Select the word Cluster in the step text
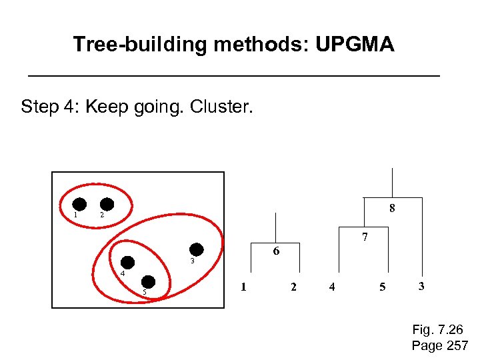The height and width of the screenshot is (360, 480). (225, 106)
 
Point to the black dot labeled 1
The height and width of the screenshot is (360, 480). (80, 205)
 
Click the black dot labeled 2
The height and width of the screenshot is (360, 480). (107, 205)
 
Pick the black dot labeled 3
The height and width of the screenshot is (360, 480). (197, 249)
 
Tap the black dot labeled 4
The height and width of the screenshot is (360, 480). (127, 263)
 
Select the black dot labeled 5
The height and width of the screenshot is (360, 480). (149, 283)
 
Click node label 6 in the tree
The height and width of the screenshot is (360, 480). (276, 251)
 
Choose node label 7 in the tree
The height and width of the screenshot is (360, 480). (365, 237)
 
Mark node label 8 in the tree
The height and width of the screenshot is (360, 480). (392, 208)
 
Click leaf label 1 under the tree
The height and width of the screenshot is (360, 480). (243, 287)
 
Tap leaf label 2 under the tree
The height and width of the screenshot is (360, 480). (293, 287)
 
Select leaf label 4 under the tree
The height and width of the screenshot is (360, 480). (332, 287)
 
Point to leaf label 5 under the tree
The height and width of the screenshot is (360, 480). (382, 287)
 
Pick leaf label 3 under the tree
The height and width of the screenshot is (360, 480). (421, 286)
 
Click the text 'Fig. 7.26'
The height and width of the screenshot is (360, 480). (437, 330)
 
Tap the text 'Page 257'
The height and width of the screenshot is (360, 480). (440, 345)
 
